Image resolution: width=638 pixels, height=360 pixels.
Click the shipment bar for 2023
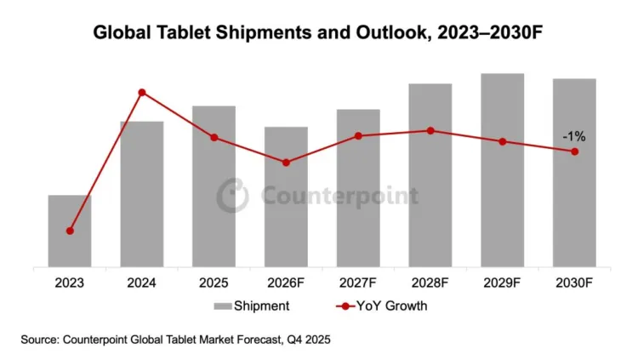(x=70, y=231)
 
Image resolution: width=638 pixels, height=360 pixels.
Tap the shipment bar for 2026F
(x=286, y=197)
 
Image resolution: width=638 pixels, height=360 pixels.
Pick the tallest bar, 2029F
(x=502, y=170)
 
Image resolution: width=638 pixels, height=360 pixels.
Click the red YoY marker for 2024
(x=142, y=92)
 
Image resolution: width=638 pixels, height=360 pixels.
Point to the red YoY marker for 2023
(x=70, y=231)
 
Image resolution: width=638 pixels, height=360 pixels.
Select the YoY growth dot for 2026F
(x=286, y=163)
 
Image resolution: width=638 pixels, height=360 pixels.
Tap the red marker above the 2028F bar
(x=430, y=130)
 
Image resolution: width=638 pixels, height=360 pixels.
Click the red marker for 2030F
(x=574, y=151)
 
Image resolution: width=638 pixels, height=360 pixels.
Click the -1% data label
(x=573, y=135)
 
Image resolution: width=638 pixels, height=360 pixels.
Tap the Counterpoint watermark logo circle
(x=232, y=196)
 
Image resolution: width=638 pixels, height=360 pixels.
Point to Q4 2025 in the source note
(x=305, y=339)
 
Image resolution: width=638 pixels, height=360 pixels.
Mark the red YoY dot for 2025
(x=214, y=138)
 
